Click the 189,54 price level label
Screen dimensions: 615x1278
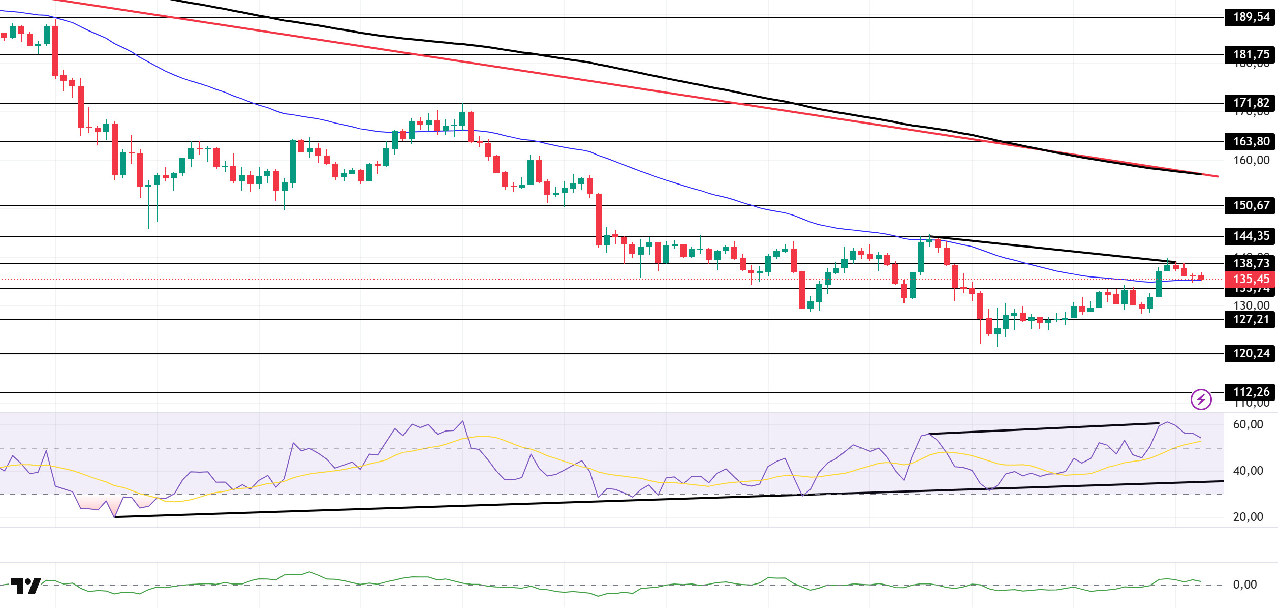[x=1250, y=17]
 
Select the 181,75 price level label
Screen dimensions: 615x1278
[x=1250, y=54]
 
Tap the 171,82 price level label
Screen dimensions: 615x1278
[x=1250, y=103]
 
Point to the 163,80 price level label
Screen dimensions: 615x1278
[x=1250, y=141]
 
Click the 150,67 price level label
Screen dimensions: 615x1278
[x=1250, y=205]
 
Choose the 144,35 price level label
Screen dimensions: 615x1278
[x=1250, y=236]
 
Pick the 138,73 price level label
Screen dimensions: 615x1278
[x=1250, y=263]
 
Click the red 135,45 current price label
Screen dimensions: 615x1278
[x=1250, y=279]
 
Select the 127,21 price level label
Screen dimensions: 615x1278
[x=1250, y=319]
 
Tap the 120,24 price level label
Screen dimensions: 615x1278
[x=1250, y=353]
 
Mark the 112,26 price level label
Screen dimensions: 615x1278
[x=1250, y=392]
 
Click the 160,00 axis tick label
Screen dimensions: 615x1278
[x=1251, y=160]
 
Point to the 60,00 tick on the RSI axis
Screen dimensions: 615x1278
[x=1248, y=424]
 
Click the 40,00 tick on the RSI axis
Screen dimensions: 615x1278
[x=1248, y=471]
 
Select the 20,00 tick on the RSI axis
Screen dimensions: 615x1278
[x=1248, y=517]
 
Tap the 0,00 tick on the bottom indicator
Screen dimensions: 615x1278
[x=1245, y=585]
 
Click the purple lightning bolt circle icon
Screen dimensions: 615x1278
[x=1201, y=399]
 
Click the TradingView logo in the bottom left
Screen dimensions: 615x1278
[x=25, y=586]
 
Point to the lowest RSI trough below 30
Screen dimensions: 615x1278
[x=115, y=517]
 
